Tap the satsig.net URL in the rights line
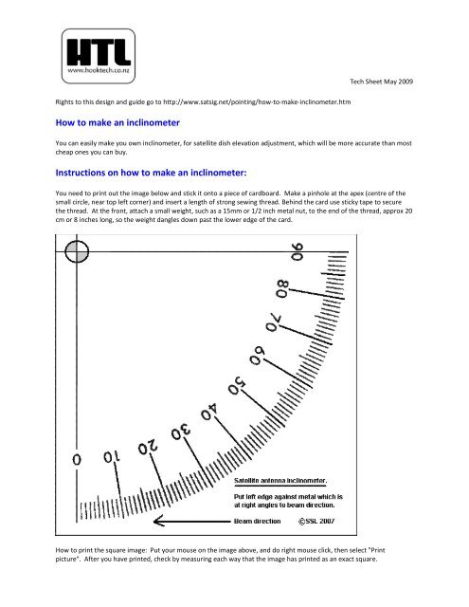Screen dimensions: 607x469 pyautogui.click(x=271, y=101)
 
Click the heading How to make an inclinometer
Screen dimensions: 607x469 pyautogui.click(x=117, y=122)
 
